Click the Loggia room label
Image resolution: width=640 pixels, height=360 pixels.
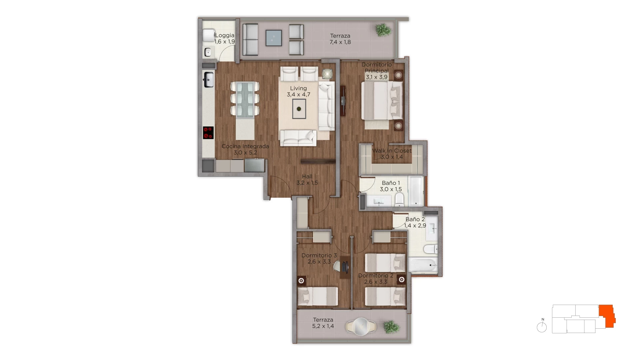coord(225,35)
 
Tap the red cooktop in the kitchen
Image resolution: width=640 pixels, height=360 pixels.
coord(208,133)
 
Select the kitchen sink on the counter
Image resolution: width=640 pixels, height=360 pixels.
coord(208,80)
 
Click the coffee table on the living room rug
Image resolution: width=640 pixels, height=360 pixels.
coord(299,109)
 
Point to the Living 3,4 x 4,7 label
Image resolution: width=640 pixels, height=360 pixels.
coord(298,91)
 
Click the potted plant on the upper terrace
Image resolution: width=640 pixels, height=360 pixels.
coord(383,30)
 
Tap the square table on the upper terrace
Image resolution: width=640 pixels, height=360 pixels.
coord(274,38)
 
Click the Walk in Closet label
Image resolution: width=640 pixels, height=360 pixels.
coord(392,151)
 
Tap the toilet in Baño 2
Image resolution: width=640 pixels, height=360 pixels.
coord(431,249)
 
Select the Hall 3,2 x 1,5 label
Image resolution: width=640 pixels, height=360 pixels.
coord(307,180)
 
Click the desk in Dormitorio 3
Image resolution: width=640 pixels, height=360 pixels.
coord(345,267)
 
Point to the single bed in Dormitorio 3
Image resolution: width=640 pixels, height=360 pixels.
coord(318,296)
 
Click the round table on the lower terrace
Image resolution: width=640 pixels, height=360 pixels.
coord(361,326)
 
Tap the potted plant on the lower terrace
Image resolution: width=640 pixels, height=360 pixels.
coord(391,327)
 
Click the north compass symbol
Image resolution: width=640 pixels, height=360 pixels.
coord(542,326)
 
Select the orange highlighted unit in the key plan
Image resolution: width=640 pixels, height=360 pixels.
coord(607,316)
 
